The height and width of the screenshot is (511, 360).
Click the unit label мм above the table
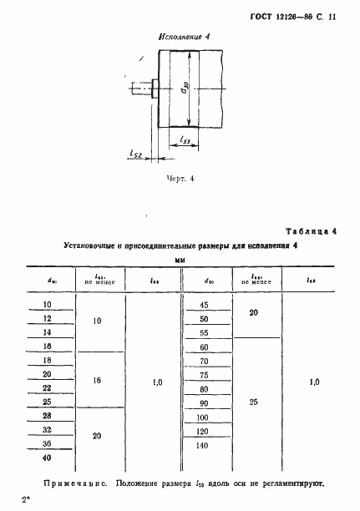(x=179, y=261)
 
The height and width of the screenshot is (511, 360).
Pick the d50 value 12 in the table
(x=47, y=318)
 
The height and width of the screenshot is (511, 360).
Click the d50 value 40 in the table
(x=47, y=458)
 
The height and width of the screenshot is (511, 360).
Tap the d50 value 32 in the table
(x=47, y=430)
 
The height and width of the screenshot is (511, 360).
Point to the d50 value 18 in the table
(x=47, y=346)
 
